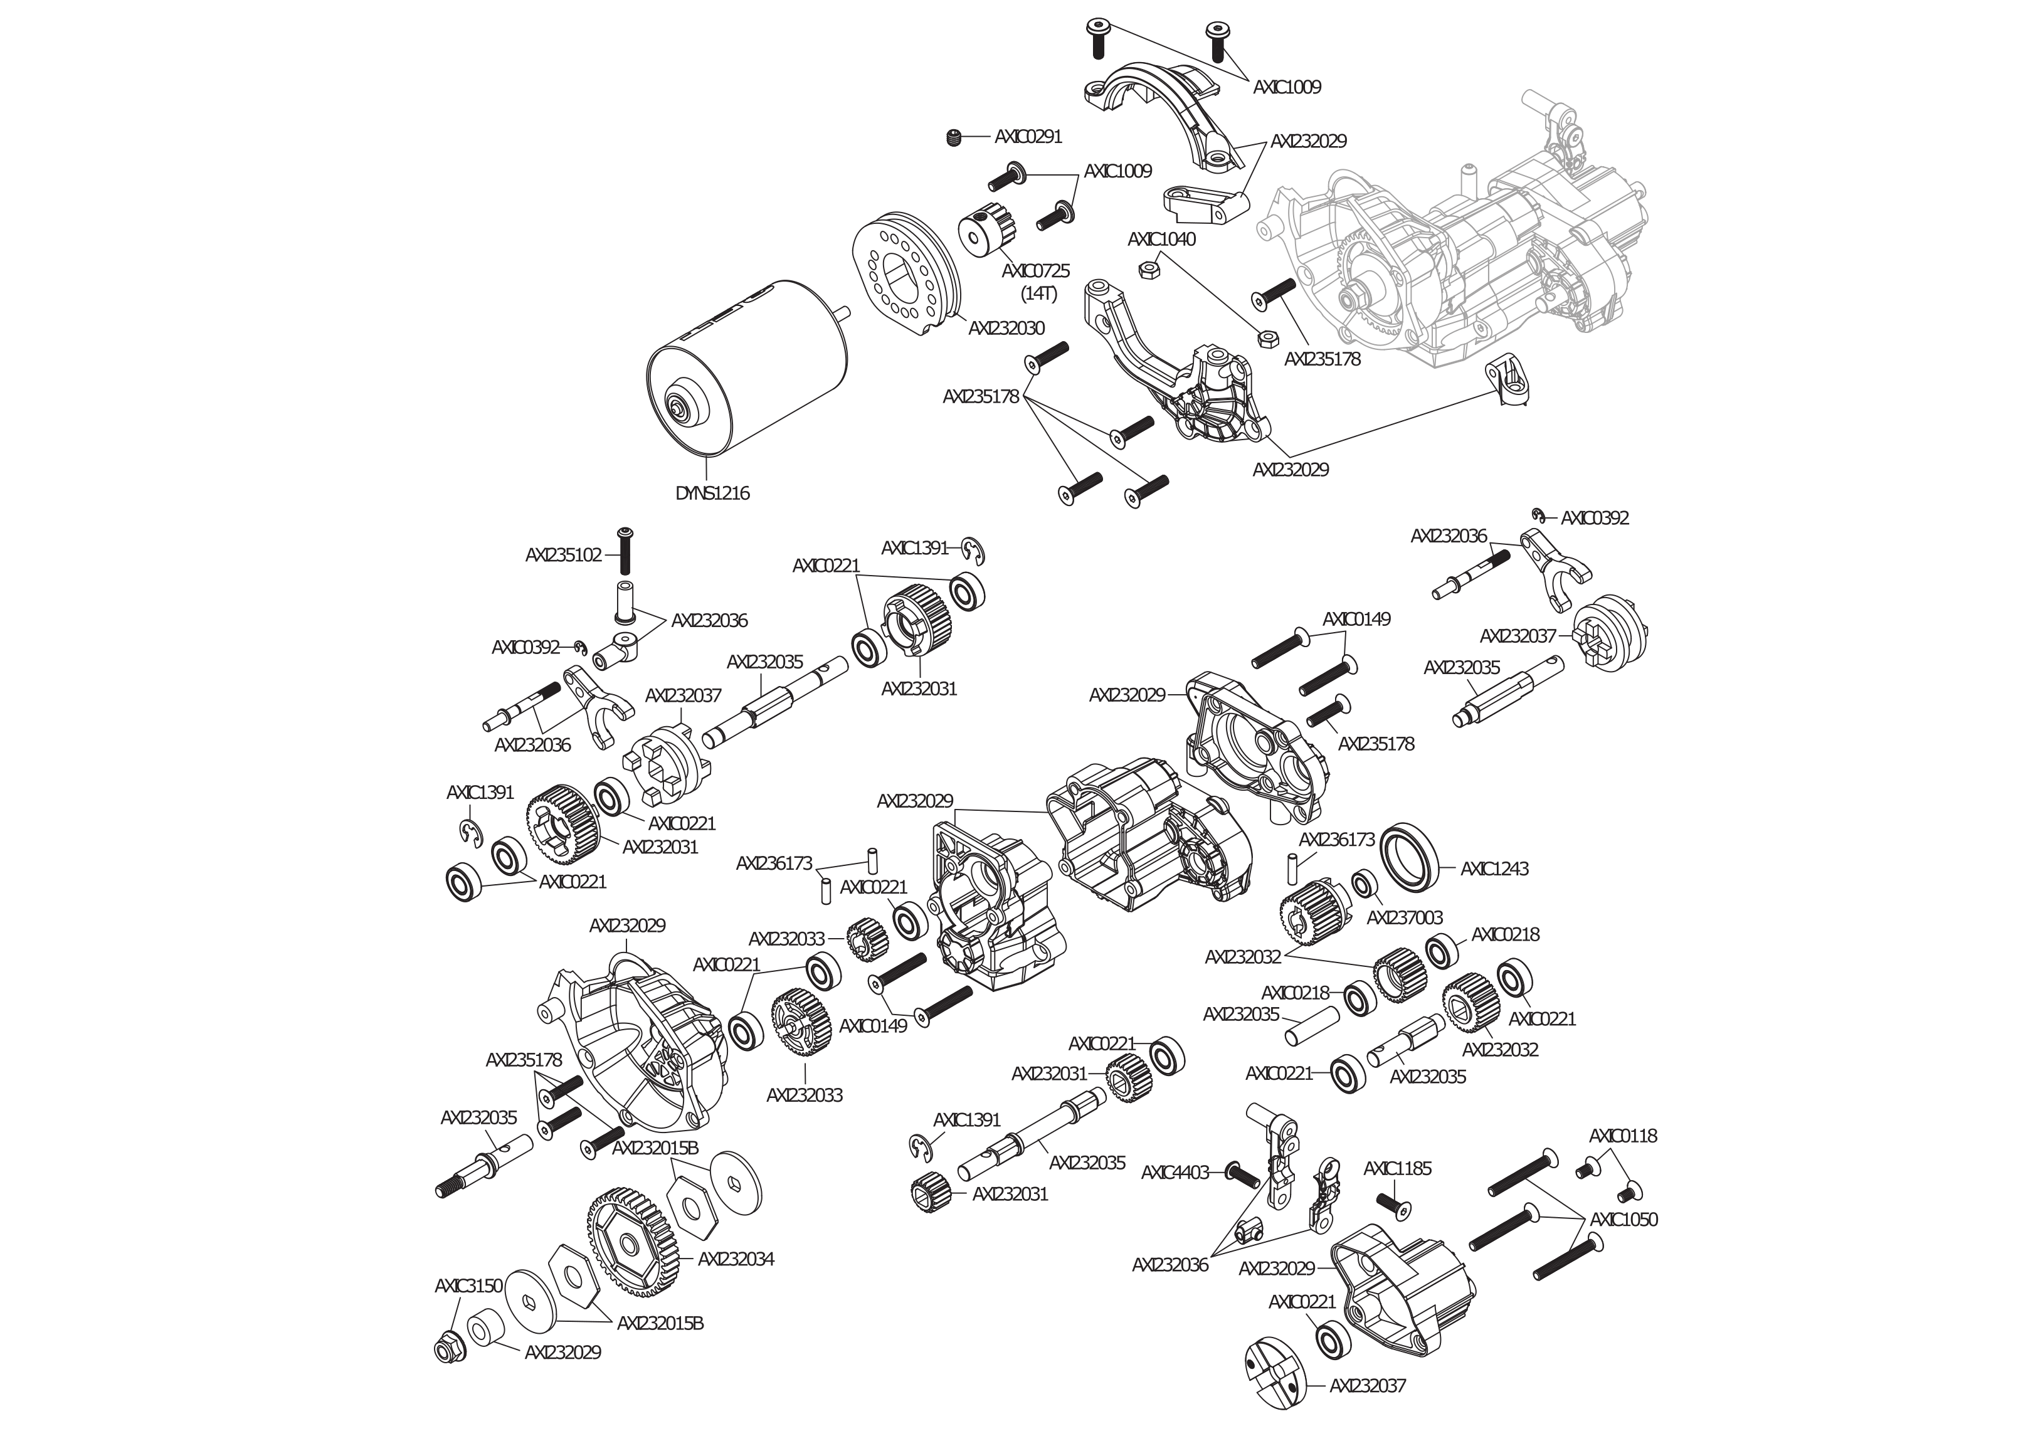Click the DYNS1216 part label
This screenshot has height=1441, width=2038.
(x=712, y=493)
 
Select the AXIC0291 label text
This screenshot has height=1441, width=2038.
(x=1028, y=137)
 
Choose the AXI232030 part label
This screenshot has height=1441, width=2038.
(x=1006, y=327)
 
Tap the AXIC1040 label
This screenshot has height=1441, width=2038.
(x=1161, y=239)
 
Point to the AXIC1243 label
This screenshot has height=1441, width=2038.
(x=1495, y=868)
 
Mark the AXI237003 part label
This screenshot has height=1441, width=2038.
(x=1404, y=917)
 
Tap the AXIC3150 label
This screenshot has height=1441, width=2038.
(x=468, y=1285)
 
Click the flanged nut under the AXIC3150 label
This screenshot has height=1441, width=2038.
(x=449, y=1347)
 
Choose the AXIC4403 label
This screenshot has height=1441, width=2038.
(x=1175, y=1172)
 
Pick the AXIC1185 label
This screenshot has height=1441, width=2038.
(x=1397, y=1168)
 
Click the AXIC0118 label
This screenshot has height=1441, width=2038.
(x=1623, y=1136)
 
